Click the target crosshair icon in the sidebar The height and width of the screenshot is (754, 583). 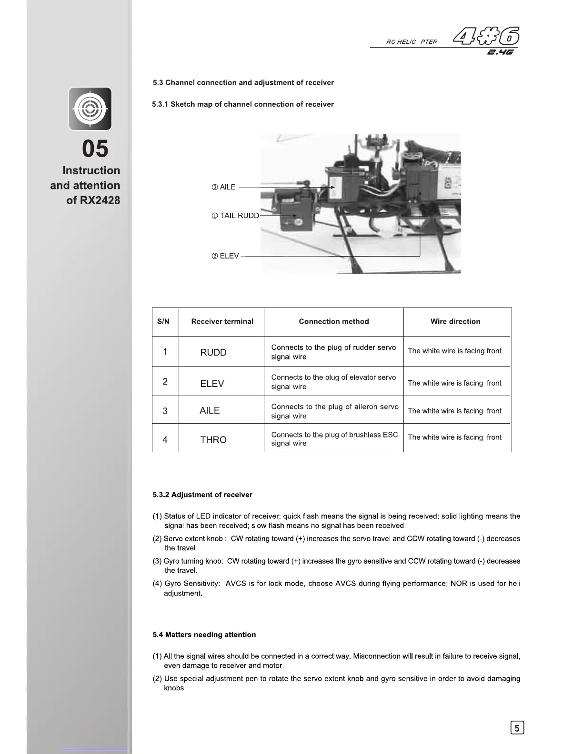[x=90, y=109]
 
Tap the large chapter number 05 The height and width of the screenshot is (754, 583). [x=95, y=149]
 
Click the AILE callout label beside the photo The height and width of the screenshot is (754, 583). [x=224, y=188]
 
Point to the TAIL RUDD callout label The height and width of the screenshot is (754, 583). [x=235, y=216]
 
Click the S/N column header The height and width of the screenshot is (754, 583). [x=163, y=322]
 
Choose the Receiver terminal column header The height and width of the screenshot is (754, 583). [x=222, y=322]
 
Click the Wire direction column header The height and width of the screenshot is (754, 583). [x=455, y=322]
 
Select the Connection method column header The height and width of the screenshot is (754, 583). [x=334, y=322]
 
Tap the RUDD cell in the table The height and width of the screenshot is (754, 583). [x=213, y=353]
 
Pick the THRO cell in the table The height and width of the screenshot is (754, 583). [x=213, y=440]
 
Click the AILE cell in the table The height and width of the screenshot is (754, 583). [x=210, y=411]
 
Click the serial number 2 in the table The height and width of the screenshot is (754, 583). [x=165, y=381]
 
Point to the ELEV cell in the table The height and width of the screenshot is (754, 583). [x=212, y=384]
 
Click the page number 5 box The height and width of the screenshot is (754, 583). [x=517, y=728]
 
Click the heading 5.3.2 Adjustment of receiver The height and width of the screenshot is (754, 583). [x=202, y=495]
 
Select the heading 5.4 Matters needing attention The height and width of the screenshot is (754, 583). [x=204, y=635]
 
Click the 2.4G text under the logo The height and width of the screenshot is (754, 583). [x=501, y=52]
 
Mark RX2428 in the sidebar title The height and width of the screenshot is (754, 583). [x=100, y=200]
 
